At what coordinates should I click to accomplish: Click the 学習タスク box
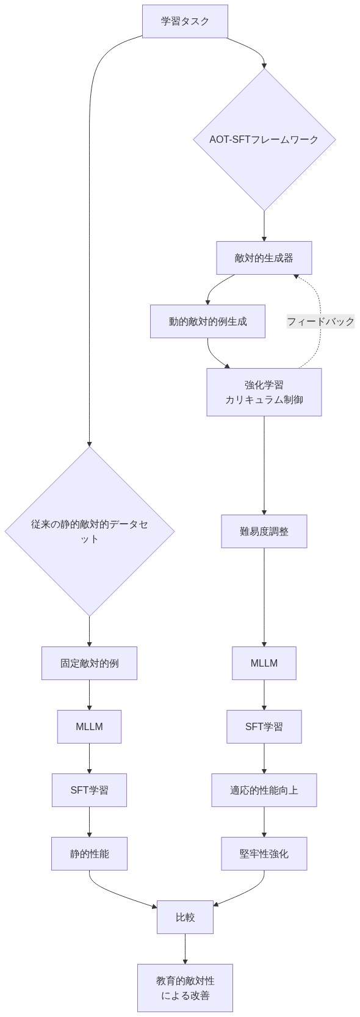click(x=185, y=21)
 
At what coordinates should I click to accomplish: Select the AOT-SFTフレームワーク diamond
click(x=264, y=139)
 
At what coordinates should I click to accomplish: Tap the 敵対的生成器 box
click(x=264, y=258)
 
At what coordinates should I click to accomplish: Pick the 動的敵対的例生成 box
click(x=207, y=321)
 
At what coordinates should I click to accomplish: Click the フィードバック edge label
click(x=320, y=321)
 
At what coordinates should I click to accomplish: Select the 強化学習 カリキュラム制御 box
click(x=264, y=392)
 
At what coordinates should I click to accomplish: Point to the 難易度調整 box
click(x=264, y=531)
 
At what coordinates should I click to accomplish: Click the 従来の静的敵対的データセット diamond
click(x=90, y=531)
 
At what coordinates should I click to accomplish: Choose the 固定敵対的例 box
click(x=90, y=663)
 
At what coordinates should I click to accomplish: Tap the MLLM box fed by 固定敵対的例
click(x=90, y=726)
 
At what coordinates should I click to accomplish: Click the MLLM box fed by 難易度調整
click(x=264, y=663)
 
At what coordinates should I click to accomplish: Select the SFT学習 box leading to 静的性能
click(x=90, y=790)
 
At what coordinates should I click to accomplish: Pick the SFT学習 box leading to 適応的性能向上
click(x=264, y=726)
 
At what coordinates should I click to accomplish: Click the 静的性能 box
click(x=90, y=853)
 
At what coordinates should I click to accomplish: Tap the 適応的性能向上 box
click(x=264, y=790)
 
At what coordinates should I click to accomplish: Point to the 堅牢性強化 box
click(x=264, y=853)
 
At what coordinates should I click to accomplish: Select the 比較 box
click(x=185, y=917)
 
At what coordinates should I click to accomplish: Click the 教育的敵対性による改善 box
click(x=185, y=988)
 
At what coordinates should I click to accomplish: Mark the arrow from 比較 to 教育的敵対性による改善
click(x=185, y=949)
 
